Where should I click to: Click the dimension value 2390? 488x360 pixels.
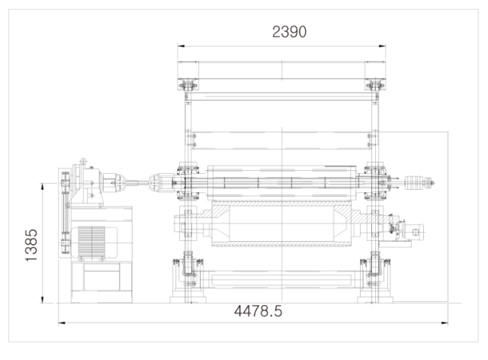tap(289, 32)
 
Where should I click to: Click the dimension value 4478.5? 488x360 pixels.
tap(258, 311)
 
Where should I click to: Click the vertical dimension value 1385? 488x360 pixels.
tap(31, 246)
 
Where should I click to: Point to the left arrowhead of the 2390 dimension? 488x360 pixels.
tap(181, 46)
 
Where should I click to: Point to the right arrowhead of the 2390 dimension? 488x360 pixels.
tap(382, 46)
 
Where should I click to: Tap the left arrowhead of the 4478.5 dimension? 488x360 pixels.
tap(62, 323)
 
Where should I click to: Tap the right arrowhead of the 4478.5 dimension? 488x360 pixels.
tap(445, 323)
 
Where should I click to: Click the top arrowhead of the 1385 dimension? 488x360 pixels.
tap(43, 187)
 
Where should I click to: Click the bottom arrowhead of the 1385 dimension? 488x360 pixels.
tap(43, 299)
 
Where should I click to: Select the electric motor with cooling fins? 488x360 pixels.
tap(94, 243)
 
